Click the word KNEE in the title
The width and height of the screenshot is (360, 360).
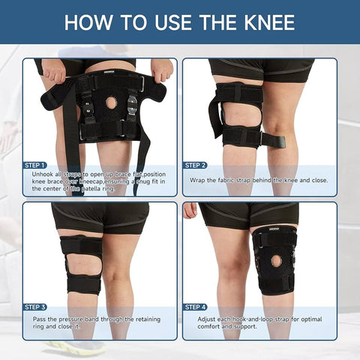[264, 22]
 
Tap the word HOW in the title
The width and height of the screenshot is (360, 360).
[89, 22]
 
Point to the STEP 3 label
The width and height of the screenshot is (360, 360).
[35, 307]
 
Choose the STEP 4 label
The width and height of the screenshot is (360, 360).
[195, 307]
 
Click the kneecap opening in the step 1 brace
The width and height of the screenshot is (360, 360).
[112, 101]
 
